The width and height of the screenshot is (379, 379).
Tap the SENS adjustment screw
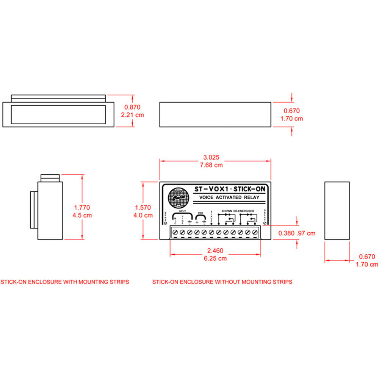coord(166,223)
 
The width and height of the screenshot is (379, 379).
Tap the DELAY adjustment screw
coord(265,223)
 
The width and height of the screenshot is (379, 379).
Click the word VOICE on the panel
coord(207,197)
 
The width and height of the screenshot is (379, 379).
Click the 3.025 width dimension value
coord(212,157)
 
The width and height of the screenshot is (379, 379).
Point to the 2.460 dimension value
coord(215,250)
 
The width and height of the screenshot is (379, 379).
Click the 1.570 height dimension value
coord(143,207)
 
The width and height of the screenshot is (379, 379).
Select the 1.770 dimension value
coord(83,207)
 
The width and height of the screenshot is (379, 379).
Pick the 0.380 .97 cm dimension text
coord(297,233)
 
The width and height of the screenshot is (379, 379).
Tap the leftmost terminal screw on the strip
coord(175,232)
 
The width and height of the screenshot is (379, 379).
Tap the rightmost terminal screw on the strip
coord(255,232)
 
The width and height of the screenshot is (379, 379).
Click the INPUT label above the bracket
coord(182,211)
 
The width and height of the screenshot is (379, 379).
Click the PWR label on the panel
coord(200,213)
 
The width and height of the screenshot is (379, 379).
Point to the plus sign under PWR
coord(197,222)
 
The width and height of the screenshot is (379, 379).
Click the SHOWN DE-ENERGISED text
coord(237,211)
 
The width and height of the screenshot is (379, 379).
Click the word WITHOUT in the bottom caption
coord(227,282)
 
